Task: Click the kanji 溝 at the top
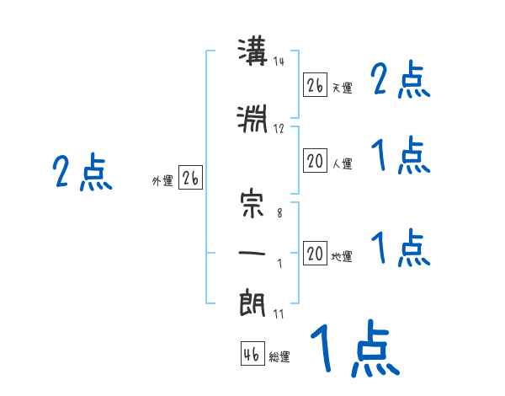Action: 252,51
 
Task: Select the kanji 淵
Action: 252,119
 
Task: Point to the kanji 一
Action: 252,253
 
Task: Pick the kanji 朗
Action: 252,302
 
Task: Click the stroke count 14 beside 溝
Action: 279,61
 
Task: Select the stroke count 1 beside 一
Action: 280,264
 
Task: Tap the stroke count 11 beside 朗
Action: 279,313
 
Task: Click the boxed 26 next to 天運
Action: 315,85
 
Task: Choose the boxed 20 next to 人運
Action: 315,161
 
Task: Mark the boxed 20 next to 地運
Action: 315,253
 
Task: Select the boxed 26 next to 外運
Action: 190,178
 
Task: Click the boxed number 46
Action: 252,353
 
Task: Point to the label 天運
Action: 342,88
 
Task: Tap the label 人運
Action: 342,163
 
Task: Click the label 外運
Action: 162,181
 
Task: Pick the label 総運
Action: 279,356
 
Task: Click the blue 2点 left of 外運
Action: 82,172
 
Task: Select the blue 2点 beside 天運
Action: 401,79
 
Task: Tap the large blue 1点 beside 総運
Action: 355,348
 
